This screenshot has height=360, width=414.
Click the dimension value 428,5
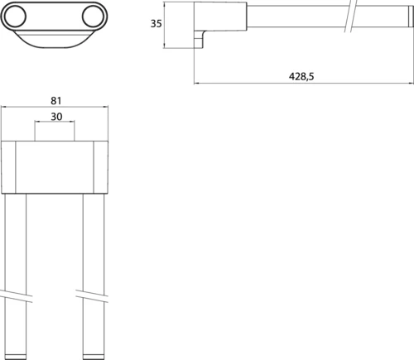pos(301,76)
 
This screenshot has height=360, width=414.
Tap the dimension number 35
pos(156,24)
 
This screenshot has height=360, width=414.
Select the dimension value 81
pos(56,101)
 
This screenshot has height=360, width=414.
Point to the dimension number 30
pos(56,117)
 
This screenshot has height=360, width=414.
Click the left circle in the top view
pos(16,17)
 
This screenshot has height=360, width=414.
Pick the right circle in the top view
pos(93,17)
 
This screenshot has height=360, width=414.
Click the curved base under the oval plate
pos(54,39)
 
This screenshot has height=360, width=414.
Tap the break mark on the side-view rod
pos(350,16)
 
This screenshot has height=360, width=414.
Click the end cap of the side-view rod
pos(411,17)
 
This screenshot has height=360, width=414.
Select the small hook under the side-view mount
pos(200,39)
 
